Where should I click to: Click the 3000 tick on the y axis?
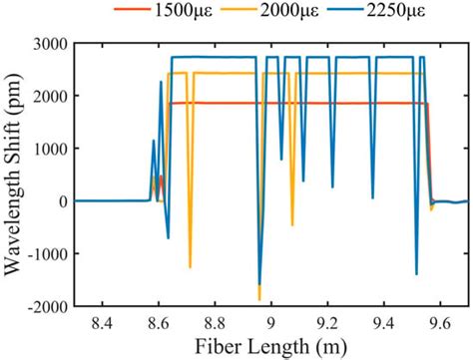pyautogui.click(x=52, y=43)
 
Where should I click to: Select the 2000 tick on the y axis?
pyautogui.click(x=52, y=96)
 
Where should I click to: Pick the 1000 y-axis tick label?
pyautogui.click(x=52, y=149)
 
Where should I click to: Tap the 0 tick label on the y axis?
pyautogui.click(x=64, y=200)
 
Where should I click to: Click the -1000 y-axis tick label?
pyautogui.click(x=49, y=253)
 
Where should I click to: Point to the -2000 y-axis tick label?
pyautogui.click(x=49, y=306)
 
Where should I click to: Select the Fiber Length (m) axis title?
pyautogui.click(x=271, y=347)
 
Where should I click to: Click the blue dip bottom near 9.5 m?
pyautogui.click(x=416, y=273)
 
